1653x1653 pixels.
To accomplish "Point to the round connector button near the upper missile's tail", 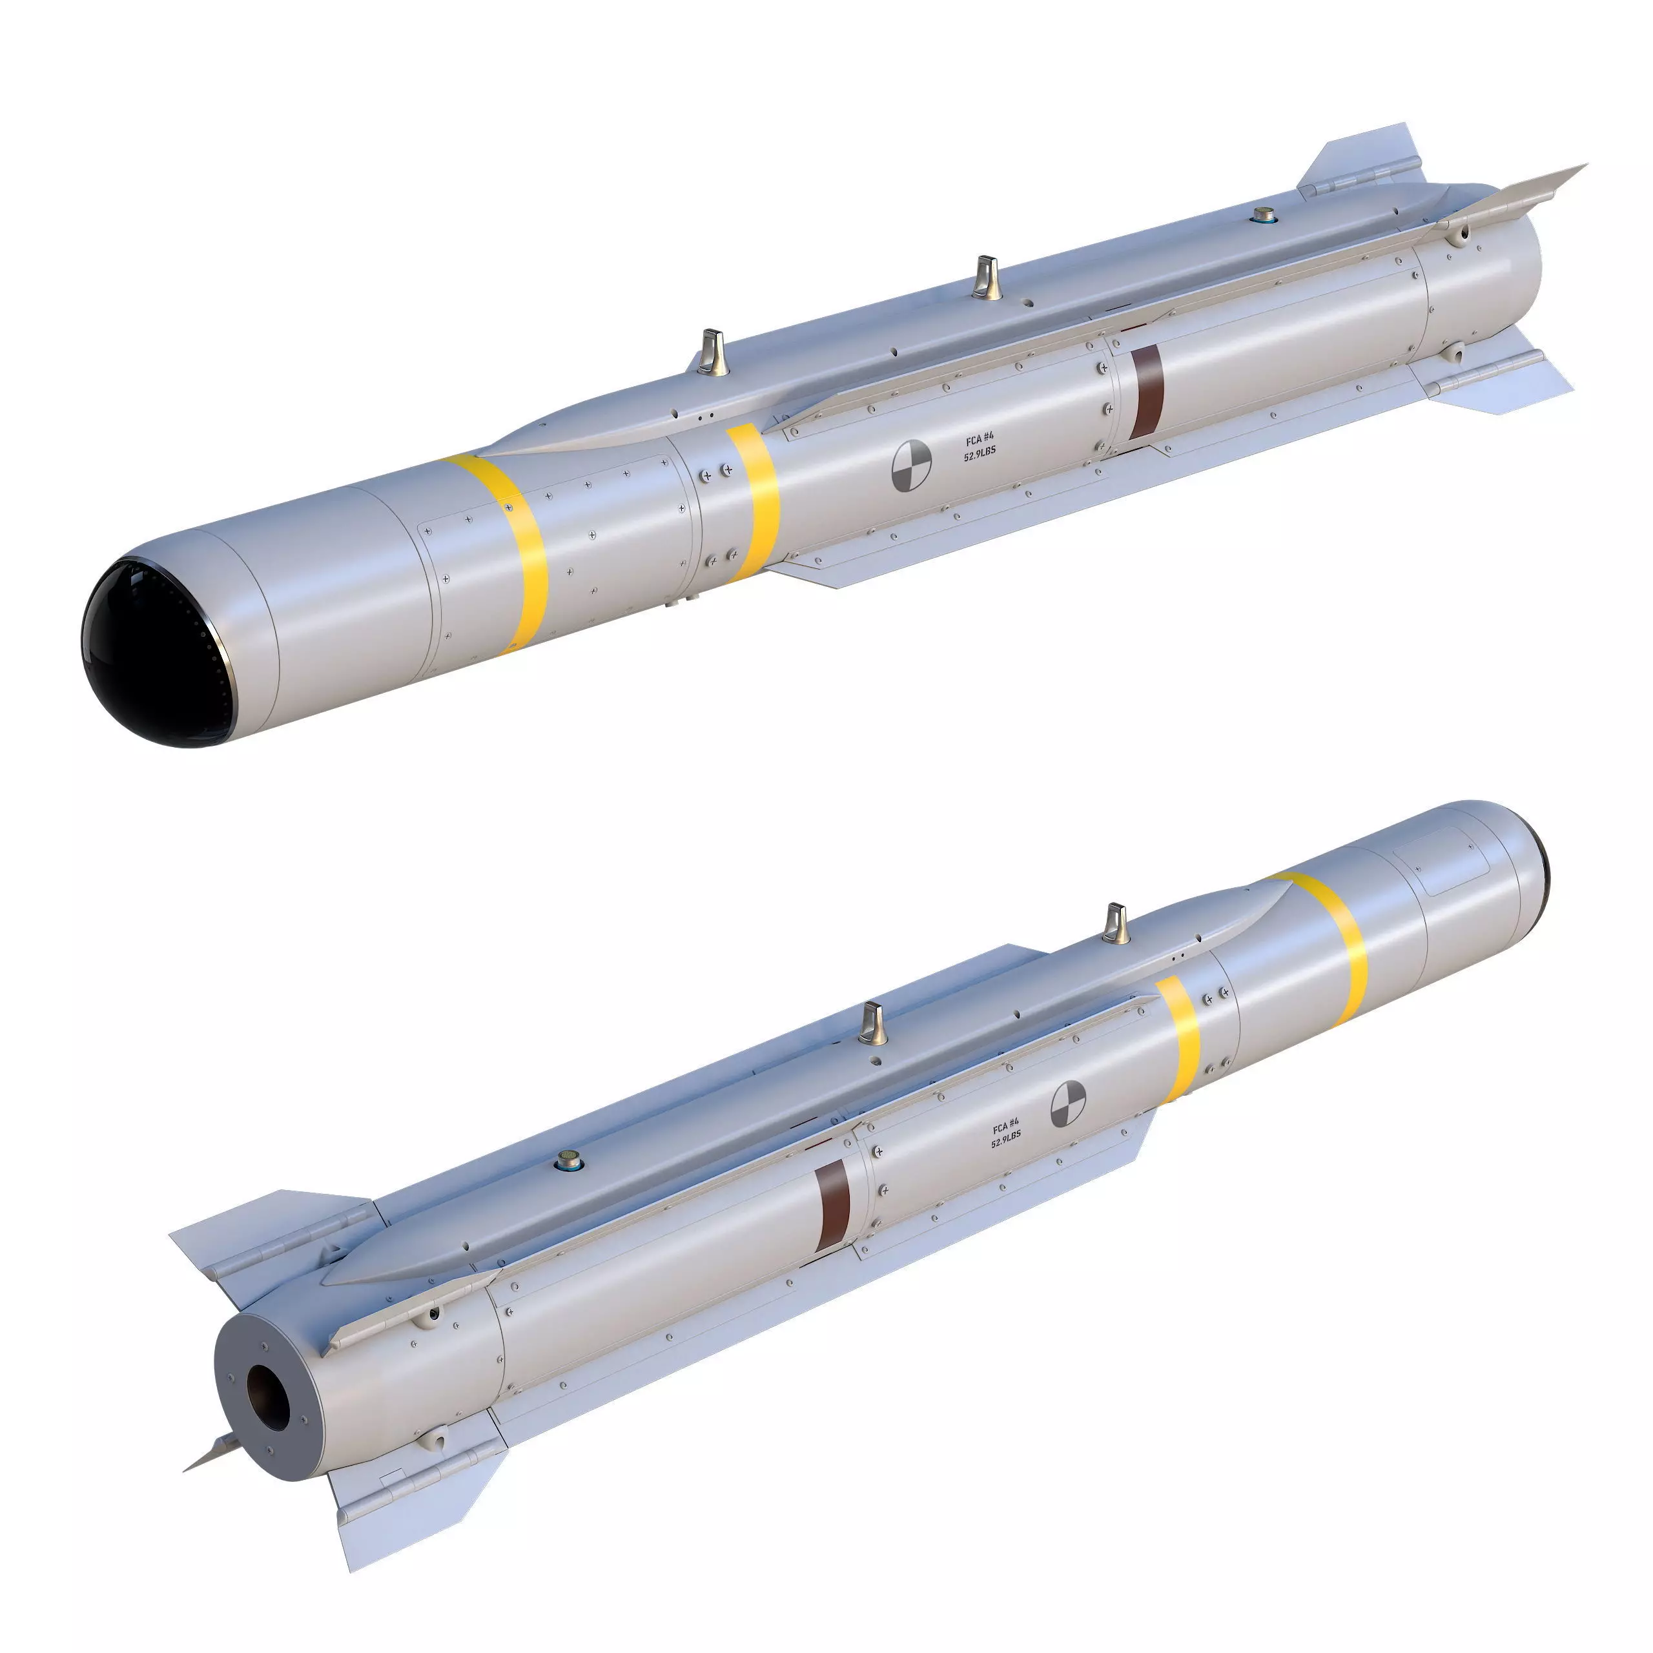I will pyautogui.click(x=1263, y=214).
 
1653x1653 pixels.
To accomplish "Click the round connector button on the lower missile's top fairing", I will pyautogui.click(x=566, y=1160).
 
